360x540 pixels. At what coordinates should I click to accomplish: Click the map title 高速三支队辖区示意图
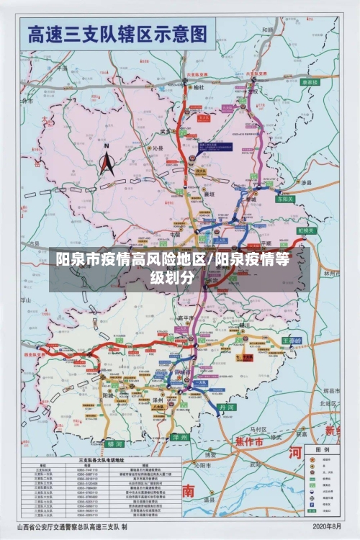117,34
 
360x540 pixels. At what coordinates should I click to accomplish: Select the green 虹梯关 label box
308,231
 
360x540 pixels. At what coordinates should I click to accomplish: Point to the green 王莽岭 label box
292,340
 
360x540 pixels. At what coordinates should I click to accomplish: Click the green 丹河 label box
228,407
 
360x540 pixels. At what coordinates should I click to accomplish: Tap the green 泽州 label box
180,437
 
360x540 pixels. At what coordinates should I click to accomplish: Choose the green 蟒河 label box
114,444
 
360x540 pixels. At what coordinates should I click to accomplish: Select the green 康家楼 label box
310,83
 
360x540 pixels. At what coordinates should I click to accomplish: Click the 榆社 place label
199,87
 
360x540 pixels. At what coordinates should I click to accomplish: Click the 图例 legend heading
322,448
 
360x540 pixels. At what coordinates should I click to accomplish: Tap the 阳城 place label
107,395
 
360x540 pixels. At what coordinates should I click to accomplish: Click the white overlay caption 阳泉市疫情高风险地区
131,259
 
